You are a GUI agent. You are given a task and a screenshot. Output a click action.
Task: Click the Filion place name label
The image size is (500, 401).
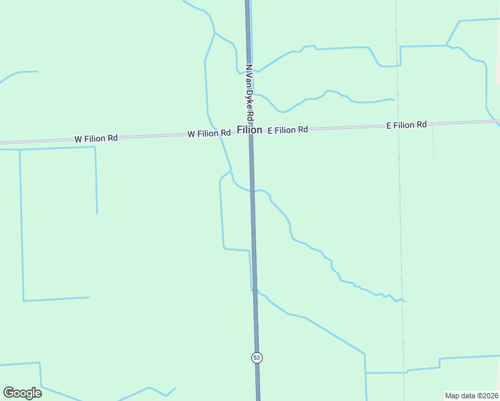pos(249,130)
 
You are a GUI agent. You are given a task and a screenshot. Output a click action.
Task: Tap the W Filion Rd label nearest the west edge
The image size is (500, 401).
pos(96,138)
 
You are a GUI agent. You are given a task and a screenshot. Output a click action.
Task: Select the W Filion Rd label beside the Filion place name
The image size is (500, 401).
pos(209,134)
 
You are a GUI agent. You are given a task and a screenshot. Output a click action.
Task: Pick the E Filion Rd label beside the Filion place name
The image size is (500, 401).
pos(287,130)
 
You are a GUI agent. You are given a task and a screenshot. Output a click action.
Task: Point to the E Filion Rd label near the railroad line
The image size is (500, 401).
pos(406,125)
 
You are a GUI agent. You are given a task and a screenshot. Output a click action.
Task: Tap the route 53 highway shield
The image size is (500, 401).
pos(257,358)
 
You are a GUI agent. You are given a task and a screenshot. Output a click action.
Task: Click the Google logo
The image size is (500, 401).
pos(22,393)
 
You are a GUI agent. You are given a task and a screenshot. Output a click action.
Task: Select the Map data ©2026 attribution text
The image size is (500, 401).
pos(472,396)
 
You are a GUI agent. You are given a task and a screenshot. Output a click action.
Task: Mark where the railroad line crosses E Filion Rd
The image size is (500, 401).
pos(398,126)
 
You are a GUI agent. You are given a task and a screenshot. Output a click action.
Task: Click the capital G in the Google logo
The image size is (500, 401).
pos(9,392)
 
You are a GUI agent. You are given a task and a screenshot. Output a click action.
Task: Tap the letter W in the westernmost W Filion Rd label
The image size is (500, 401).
pos(78,139)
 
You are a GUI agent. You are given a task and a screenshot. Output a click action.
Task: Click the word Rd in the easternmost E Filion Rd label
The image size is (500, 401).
pos(421,125)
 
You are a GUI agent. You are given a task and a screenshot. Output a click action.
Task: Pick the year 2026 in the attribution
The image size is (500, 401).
pos(490,396)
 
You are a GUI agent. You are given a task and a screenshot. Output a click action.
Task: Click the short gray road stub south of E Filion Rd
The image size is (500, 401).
pos(433,144)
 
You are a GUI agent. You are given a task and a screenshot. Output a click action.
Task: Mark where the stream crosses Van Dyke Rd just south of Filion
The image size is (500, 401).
pos(253,191)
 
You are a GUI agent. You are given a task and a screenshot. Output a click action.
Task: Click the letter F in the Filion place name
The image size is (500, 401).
pos(239,130)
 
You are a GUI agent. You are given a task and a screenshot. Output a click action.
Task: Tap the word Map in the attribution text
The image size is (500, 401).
pos(453,396)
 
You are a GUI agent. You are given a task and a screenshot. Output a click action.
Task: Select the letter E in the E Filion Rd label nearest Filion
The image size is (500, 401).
pos(270,130)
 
